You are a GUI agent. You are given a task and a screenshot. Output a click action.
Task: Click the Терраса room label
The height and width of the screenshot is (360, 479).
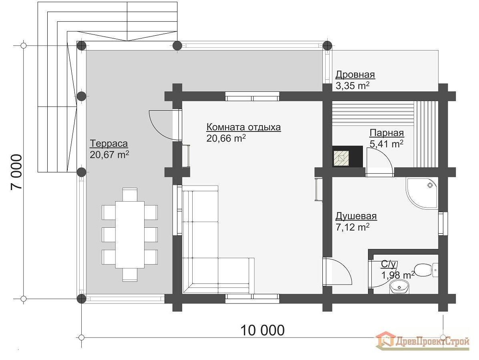point(109,144)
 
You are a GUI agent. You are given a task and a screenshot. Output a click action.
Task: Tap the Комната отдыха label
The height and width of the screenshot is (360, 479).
point(244,127)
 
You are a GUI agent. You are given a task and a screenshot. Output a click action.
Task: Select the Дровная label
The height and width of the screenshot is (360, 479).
point(355,74)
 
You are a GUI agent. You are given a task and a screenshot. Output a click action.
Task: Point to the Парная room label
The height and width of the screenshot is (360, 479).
point(387,133)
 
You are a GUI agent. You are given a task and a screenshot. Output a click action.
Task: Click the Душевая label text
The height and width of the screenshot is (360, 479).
point(356,216)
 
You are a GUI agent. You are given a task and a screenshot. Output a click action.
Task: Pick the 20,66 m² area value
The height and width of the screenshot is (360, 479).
point(226,138)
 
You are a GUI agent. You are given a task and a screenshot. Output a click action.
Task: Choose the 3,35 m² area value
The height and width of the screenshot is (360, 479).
point(352,86)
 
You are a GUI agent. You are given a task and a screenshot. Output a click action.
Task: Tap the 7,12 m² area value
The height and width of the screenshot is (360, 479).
point(352,227)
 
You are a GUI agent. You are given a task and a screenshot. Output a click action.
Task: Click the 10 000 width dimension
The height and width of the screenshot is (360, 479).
point(262,330)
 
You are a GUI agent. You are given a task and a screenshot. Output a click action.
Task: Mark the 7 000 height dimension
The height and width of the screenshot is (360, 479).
point(16,172)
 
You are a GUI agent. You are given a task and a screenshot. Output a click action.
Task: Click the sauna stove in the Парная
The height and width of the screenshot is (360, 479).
point(348,157)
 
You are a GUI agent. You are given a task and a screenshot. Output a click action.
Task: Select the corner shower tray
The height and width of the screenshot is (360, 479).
point(422,193)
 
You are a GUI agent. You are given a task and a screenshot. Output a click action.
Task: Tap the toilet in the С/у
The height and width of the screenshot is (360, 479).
point(427,269)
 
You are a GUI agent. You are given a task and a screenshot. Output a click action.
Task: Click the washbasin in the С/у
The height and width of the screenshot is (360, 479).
point(400,287)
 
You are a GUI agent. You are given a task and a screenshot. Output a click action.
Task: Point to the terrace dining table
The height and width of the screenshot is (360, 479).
point(130,235)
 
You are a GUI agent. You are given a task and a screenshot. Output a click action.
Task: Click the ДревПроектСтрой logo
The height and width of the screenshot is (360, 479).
point(423,340)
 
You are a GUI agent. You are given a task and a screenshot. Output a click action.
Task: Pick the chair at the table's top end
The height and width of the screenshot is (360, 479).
point(130,194)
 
